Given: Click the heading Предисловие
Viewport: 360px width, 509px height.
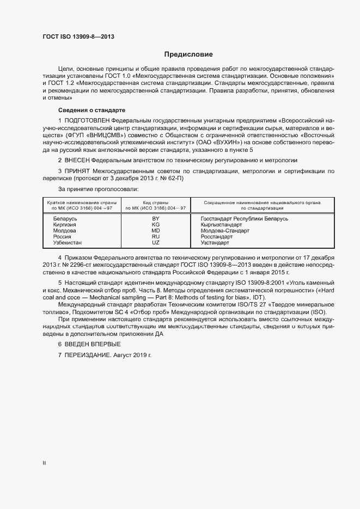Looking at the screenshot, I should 188,54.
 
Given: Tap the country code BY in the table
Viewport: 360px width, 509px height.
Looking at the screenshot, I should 155,218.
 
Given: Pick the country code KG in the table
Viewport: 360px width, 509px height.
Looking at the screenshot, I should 155,224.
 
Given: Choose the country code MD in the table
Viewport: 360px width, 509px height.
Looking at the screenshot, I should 155,230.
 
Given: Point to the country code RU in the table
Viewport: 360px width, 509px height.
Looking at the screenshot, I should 155,236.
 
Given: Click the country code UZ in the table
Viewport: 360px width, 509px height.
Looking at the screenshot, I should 155,242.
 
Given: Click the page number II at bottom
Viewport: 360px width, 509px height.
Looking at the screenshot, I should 44,463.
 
